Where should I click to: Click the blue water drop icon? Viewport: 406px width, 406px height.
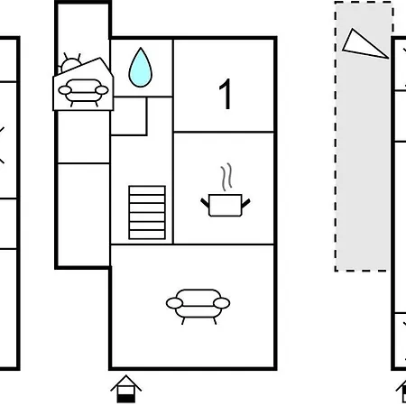[x=141, y=68]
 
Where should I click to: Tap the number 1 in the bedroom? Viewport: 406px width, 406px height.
[x=226, y=94]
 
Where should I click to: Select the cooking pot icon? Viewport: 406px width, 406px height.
[x=226, y=205]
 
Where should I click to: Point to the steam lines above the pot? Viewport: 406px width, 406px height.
[x=226, y=177]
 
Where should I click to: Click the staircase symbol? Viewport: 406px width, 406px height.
[x=147, y=213]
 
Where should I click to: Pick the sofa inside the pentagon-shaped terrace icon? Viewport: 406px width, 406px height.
[x=83, y=92]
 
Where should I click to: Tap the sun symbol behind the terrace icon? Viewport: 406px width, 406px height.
[x=70, y=64]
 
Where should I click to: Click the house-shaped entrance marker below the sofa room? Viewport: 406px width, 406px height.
[x=126, y=389]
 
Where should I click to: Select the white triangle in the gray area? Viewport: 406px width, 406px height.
[x=363, y=45]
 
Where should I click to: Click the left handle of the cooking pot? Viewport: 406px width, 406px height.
[x=205, y=203]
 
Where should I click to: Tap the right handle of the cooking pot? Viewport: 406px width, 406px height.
[x=245, y=203]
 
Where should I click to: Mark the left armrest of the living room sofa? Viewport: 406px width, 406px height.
[x=174, y=303]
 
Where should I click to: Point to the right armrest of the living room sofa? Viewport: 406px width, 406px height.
[x=222, y=303]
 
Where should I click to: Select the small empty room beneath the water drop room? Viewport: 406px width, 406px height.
[x=129, y=115]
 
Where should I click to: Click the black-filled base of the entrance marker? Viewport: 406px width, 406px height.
[x=126, y=399]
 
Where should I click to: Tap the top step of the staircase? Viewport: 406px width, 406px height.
[x=147, y=190]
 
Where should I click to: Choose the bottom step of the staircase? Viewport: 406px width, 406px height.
[x=147, y=235]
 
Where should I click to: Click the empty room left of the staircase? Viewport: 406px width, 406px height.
[x=83, y=215]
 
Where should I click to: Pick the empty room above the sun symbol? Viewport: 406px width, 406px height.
[x=83, y=29]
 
